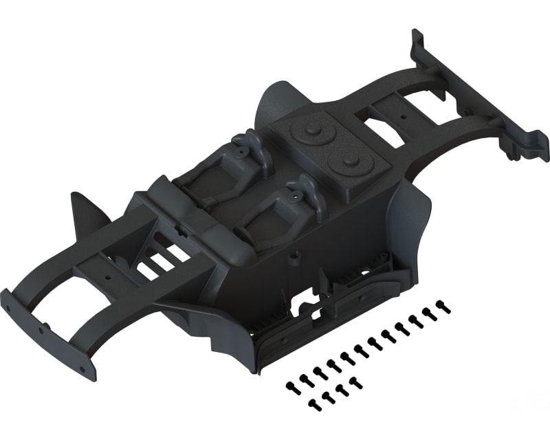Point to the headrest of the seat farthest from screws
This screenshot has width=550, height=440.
point(249,144)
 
